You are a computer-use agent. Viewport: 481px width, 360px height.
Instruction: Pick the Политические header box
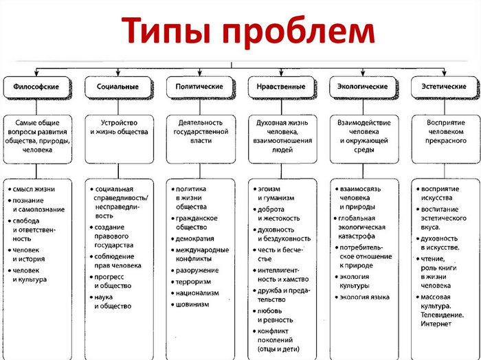(x=199, y=87)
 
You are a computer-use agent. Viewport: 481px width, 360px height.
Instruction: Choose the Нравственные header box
(x=281, y=87)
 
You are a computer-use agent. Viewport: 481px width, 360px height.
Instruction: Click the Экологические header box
(x=363, y=87)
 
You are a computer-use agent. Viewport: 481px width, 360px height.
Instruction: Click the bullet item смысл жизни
(x=35, y=189)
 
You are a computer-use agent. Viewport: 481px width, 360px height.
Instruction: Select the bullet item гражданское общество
(x=197, y=223)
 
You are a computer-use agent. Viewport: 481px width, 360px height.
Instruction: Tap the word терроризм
(x=196, y=281)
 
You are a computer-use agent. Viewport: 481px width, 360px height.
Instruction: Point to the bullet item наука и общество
(x=113, y=302)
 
